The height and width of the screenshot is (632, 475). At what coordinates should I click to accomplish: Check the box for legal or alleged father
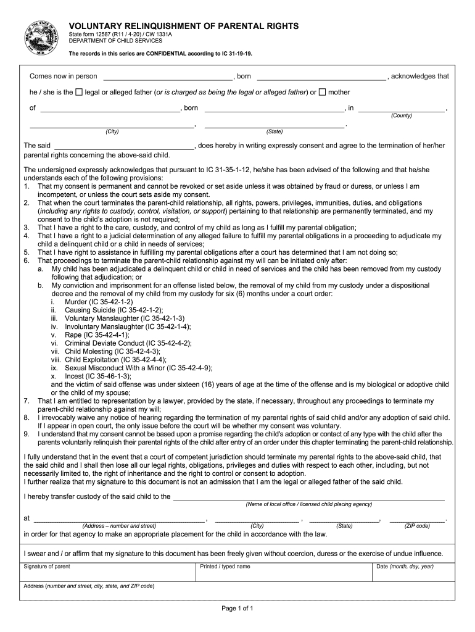79,93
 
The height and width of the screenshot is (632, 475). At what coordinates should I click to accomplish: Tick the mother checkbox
323,93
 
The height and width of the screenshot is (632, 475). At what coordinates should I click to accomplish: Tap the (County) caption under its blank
402,115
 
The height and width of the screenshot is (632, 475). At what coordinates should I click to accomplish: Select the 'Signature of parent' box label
47,567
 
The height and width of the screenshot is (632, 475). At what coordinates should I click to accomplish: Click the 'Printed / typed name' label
225,567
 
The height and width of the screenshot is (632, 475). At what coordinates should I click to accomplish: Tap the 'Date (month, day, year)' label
405,567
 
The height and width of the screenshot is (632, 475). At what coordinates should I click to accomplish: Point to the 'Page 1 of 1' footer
238,609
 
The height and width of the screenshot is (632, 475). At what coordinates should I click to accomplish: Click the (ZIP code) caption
417,526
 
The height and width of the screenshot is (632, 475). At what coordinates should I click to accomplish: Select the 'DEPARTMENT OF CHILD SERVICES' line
115,41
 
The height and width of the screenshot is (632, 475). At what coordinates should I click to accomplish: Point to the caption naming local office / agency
308,504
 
